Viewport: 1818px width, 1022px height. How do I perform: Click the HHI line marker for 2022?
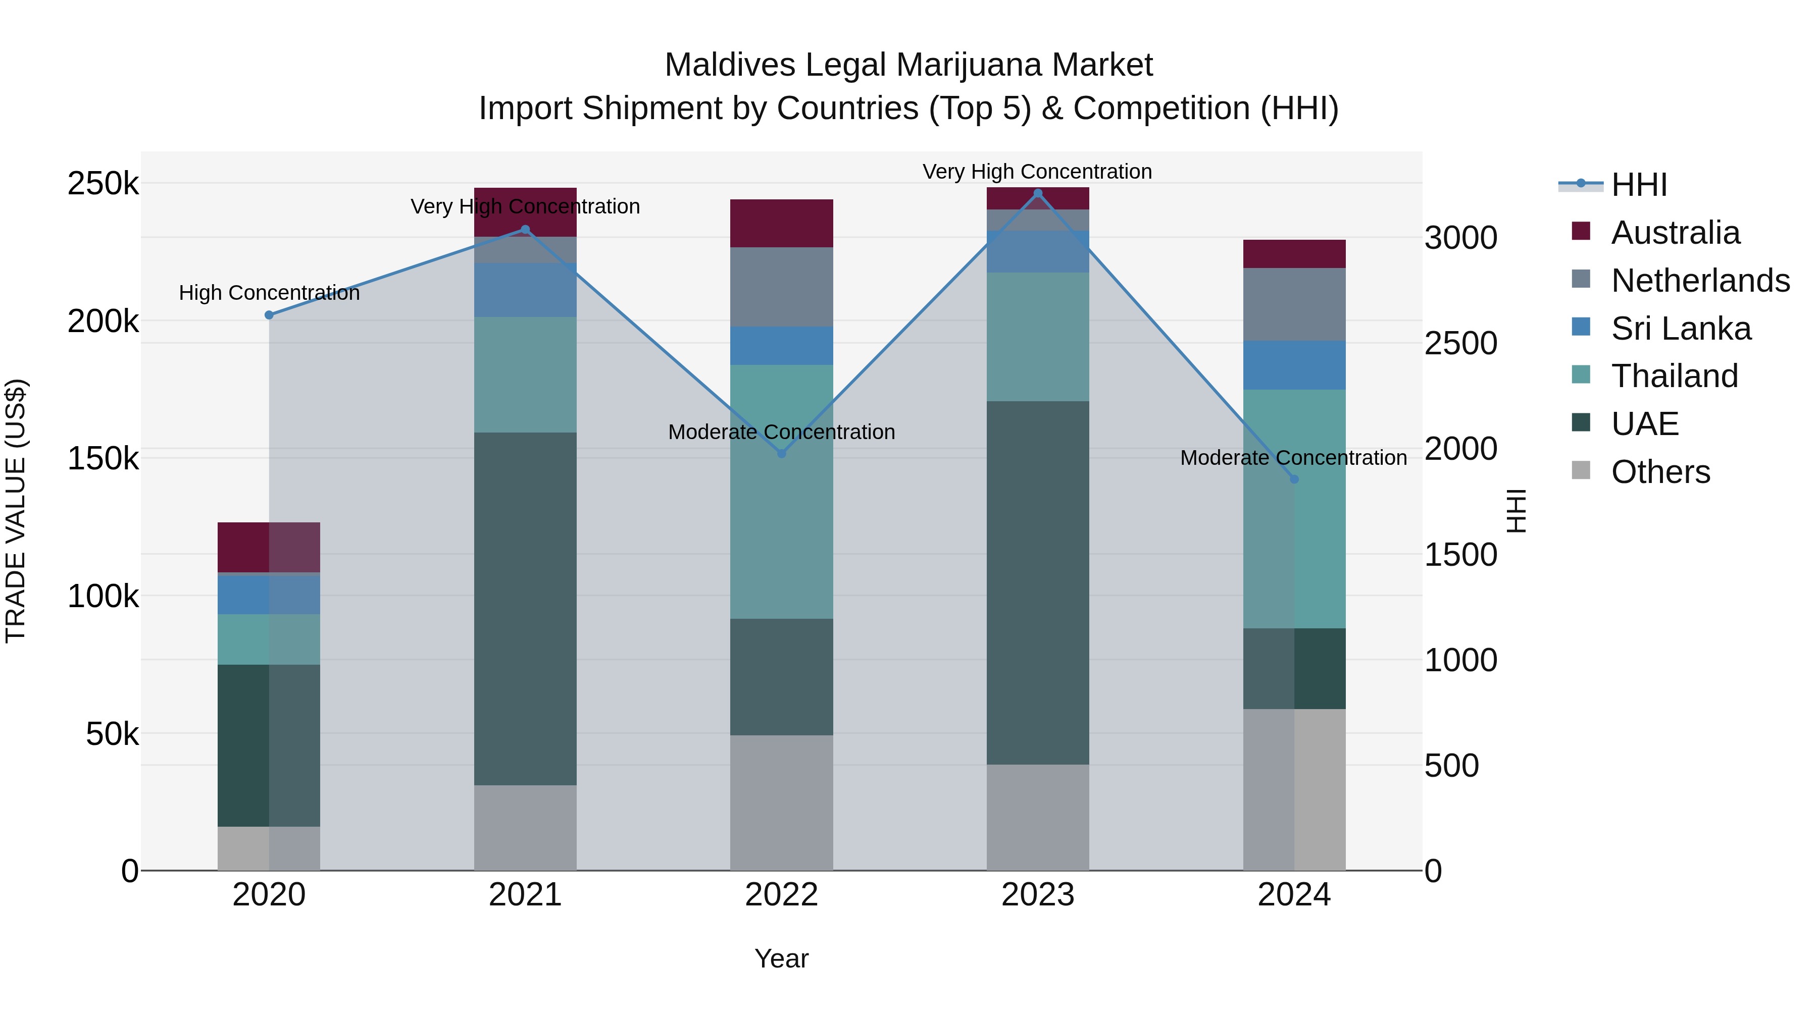click(781, 454)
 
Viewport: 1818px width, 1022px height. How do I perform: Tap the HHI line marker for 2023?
click(1037, 193)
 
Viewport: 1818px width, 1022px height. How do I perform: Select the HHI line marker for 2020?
click(269, 315)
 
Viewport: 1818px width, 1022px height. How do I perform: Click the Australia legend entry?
click(1675, 233)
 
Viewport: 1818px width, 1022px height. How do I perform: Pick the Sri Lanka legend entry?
click(1680, 329)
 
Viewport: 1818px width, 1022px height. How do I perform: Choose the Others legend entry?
click(1660, 472)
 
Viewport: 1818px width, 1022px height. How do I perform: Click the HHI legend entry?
click(1639, 185)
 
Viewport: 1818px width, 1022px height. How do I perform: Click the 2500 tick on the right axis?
click(1460, 344)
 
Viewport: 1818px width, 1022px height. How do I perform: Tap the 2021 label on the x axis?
click(525, 895)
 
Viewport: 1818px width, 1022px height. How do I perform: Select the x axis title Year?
click(781, 958)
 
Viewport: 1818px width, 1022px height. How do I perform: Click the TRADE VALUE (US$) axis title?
click(16, 511)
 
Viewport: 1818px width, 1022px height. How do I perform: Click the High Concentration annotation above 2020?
click(269, 293)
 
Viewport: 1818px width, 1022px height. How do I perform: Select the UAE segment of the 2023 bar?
click(1037, 582)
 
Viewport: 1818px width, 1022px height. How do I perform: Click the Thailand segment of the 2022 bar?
click(781, 492)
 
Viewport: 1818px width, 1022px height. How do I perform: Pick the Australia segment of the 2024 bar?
click(1294, 254)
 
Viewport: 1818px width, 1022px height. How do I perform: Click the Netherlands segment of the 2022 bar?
click(781, 287)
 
